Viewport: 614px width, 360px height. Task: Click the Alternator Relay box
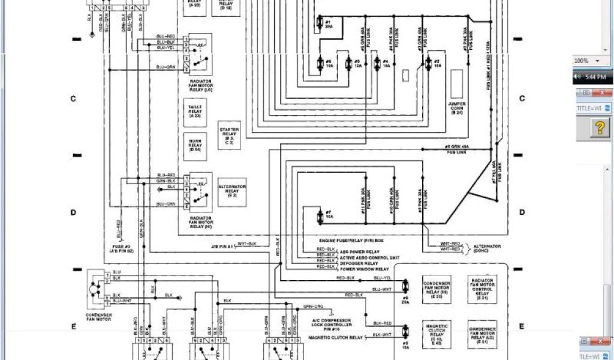[x=231, y=191]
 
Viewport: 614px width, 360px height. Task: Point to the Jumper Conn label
[x=456, y=109]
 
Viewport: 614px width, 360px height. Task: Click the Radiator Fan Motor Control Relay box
[x=482, y=289]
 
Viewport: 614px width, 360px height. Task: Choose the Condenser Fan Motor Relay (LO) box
[x=482, y=334]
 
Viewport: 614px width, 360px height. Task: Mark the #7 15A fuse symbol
[x=320, y=215]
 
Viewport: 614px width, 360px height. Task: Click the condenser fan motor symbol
[x=94, y=289]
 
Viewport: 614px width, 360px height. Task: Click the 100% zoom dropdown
[x=591, y=61]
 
